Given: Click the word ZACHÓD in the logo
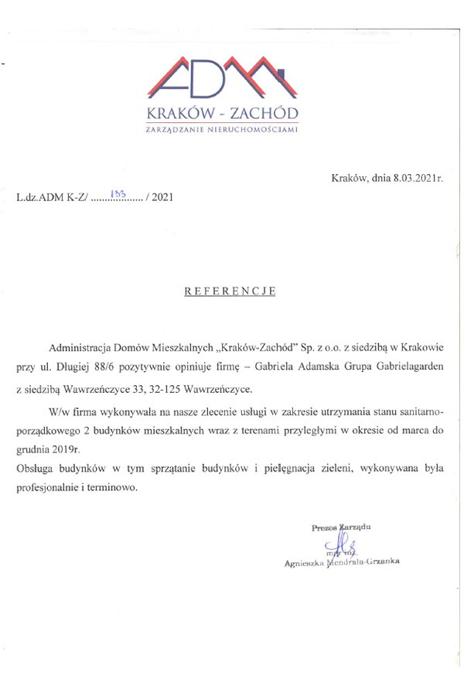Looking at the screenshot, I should point(262,115).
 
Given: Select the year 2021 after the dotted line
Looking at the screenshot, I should point(162,197).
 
